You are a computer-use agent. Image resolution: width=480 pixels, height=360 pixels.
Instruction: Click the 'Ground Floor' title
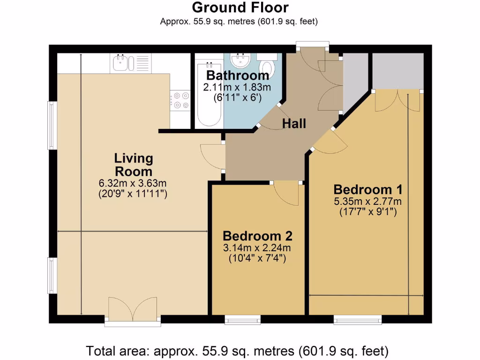(240, 8)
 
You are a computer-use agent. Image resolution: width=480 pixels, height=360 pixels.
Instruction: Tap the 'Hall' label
(294, 123)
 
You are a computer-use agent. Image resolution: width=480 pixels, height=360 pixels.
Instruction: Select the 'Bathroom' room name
(238, 75)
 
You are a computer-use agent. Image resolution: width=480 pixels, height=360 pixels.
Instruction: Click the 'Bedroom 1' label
(368, 190)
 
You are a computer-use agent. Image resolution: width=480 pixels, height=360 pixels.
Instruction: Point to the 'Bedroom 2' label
(257, 236)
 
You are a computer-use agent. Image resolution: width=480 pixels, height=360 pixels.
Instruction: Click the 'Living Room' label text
(134, 165)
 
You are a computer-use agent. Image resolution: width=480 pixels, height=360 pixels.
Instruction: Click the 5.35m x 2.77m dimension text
(368, 202)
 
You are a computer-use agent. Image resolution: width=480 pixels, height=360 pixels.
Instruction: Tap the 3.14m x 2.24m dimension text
(257, 248)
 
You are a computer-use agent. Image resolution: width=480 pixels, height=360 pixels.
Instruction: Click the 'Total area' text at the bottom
(237, 350)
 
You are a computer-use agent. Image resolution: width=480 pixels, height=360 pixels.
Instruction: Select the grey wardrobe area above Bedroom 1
(397, 71)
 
